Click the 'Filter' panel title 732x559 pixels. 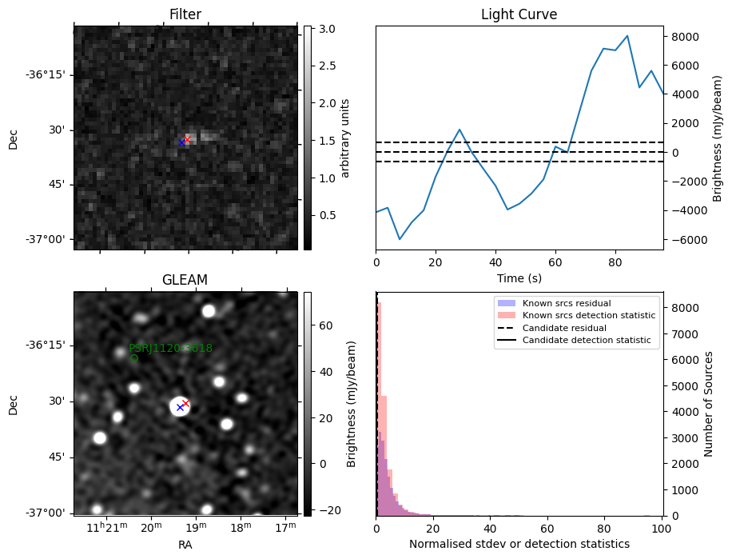pos(185,14)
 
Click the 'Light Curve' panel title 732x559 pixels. pos(519,14)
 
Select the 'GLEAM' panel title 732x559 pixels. pos(185,280)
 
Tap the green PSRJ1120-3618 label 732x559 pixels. pos(170,348)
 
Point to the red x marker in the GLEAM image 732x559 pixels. pos(186,404)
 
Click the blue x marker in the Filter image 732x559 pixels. pos(182,142)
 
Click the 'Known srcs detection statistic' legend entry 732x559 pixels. pos(588,316)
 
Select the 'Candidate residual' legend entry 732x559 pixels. pos(563,328)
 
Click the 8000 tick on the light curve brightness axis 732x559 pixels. pos(685,37)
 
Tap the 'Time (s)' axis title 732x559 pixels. pos(519,278)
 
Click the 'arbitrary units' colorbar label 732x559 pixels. pos(345,138)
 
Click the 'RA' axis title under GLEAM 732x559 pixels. pos(185,544)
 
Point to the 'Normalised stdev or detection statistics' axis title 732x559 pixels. pos(519,545)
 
